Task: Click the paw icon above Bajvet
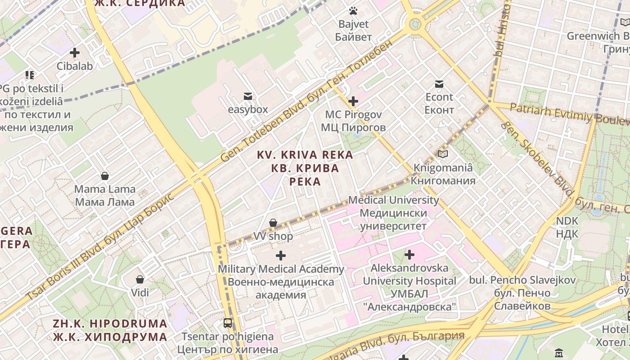353,11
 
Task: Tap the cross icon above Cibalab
75,53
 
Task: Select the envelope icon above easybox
247,96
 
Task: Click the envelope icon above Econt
439,84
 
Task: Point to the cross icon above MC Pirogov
353,101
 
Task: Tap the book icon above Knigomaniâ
443,154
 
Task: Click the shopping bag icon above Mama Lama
105,175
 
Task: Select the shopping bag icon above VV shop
273,223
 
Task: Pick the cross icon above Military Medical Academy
281,256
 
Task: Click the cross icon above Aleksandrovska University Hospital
409,255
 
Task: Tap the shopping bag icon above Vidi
140,279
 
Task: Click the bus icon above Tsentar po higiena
228,323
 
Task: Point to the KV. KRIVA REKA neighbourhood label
305,168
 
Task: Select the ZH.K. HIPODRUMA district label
110,330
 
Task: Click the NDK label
567,227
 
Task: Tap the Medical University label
394,212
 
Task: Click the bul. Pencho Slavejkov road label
522,293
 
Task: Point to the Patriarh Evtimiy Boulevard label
569,114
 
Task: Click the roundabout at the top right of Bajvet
415,23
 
